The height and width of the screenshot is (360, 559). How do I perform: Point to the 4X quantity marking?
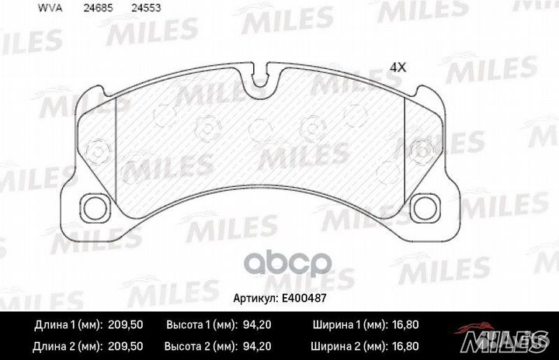tap(398, 67)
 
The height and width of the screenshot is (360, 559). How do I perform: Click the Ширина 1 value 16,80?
tap(404, 324)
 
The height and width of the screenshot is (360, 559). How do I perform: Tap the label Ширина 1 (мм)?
tap(349, 324)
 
